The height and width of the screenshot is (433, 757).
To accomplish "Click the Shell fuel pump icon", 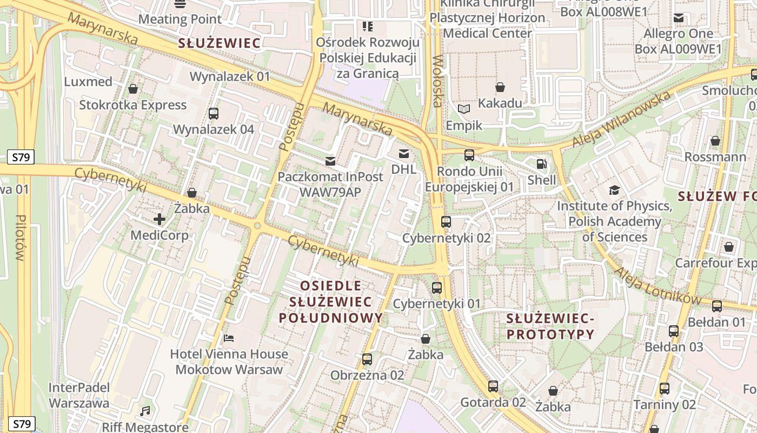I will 541,164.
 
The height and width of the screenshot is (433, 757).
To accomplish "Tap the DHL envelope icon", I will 403,153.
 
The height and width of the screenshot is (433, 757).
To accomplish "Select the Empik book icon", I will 464,109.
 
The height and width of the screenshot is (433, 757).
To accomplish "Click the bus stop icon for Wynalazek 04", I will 214,114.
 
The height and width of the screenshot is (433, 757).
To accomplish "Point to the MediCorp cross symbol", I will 160,219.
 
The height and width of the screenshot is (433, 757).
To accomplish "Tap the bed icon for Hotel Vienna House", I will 229,338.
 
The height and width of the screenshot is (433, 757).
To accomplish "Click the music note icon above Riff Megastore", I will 145,411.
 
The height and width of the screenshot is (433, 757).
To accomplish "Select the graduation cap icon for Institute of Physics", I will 614,190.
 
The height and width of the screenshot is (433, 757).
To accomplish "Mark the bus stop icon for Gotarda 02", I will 493,386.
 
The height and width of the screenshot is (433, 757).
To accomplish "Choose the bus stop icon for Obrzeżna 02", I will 367,359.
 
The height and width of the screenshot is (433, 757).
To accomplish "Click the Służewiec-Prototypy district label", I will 550,326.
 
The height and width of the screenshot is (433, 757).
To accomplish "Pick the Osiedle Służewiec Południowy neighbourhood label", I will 331,301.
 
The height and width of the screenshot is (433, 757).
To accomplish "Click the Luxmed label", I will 88,82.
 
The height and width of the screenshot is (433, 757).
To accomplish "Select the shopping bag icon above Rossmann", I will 715,141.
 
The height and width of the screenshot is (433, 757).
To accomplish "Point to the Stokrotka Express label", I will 133,105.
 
